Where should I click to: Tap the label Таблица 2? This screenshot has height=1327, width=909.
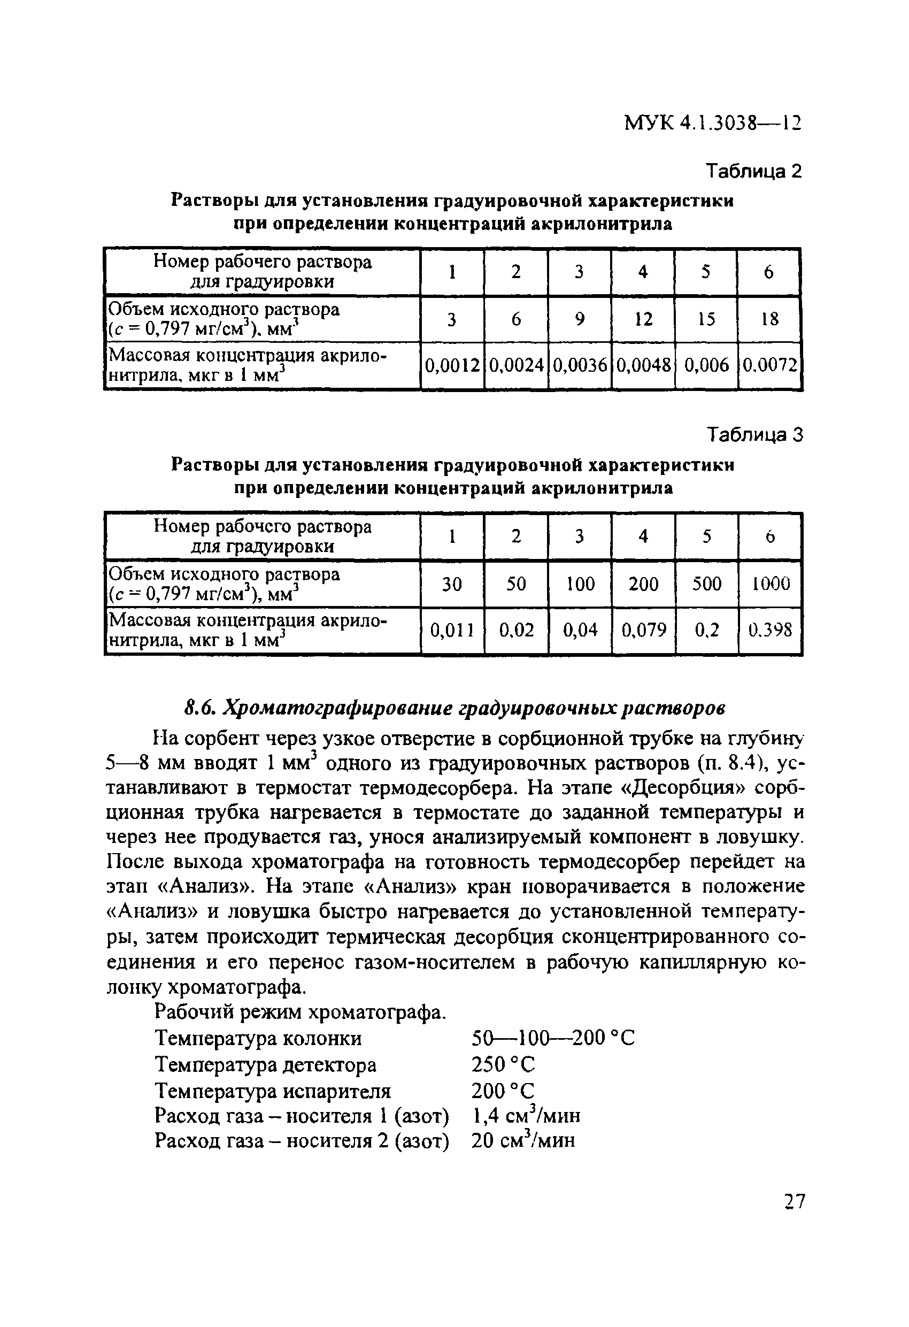754,171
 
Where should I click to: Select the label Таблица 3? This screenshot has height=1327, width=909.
755,435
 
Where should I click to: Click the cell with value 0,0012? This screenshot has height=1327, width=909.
452,365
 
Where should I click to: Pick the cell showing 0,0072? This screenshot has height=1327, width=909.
769,365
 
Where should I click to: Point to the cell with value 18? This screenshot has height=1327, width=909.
769,319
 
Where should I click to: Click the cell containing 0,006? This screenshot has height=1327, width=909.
706,365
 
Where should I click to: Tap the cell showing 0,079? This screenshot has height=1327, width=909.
643,631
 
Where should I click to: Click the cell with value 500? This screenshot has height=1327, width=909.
706,584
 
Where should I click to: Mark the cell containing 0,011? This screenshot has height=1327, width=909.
452,631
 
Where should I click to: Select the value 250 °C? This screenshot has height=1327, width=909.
503,1064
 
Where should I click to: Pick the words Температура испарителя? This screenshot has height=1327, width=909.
273,1091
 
